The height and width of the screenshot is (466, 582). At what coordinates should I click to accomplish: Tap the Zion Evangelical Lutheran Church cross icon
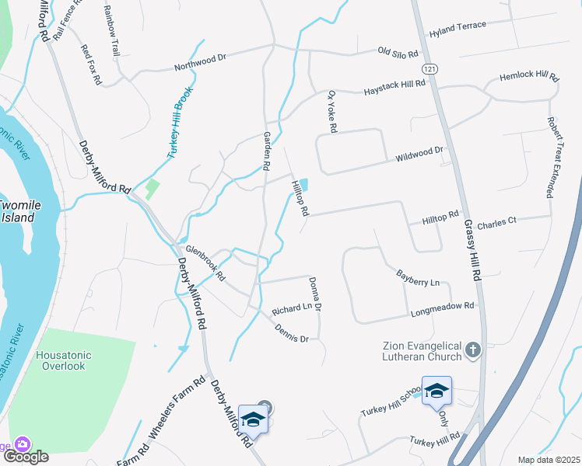pyautogui.click(x=473, y=351)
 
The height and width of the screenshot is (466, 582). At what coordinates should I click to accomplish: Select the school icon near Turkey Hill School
pyautogui.click(x=436, y=391)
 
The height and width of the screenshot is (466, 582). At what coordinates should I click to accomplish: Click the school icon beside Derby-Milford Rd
pyautogui.click(x=253, y=420)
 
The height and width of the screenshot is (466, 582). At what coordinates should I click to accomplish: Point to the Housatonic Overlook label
pyautogui.click(x=64, y=360)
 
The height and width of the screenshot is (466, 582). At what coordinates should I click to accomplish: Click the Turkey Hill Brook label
pyautogui.click(x=181, y=123)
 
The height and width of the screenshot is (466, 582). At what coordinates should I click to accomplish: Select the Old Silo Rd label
pyautogui.click(x=398, y=53)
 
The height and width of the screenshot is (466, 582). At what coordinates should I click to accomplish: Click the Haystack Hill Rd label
pyautogui.click(x=395, y=88)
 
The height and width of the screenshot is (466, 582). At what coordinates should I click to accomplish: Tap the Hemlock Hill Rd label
pyautogui.click(x=529, y=78)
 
